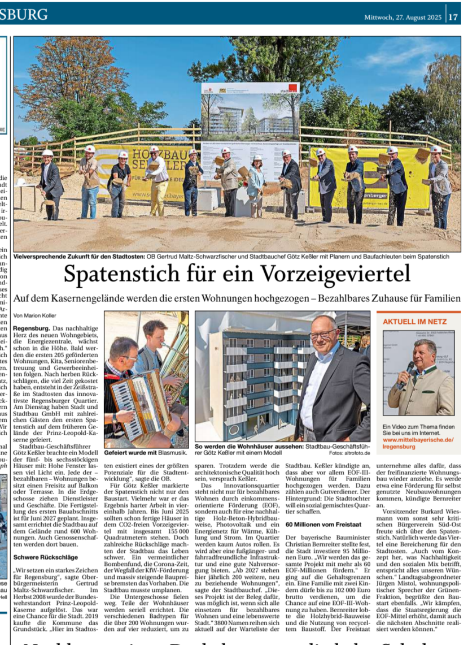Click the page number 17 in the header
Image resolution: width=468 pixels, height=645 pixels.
click(x=454, y=17)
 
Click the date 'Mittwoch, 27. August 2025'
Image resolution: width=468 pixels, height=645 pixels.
click(x=403, y=18)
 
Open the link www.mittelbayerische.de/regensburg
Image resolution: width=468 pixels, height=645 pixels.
click(x=418, y=443)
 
